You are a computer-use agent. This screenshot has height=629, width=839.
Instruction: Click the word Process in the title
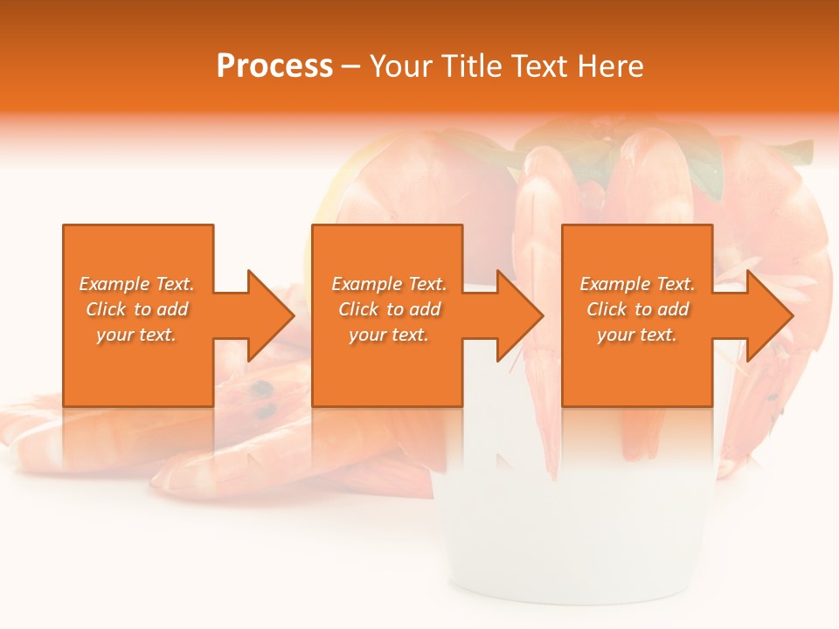pos(274,66)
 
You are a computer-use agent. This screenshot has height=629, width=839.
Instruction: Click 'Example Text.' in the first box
pos(136,284)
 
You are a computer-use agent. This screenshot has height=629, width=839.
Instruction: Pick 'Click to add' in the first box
pos(137,309)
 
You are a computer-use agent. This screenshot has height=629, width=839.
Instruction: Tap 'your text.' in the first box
pos(136,335)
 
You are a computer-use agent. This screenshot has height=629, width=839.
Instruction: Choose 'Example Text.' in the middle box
pos(389,284)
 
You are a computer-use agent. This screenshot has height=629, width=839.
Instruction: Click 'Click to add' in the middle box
pos(390,309)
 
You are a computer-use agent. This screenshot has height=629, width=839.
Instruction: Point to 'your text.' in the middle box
pos(389,335)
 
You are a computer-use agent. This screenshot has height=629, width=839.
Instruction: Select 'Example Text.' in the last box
pos(637,284)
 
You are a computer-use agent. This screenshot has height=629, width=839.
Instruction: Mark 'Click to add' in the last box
pos(638,309)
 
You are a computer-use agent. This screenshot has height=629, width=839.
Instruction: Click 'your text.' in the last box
pos(637,335)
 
